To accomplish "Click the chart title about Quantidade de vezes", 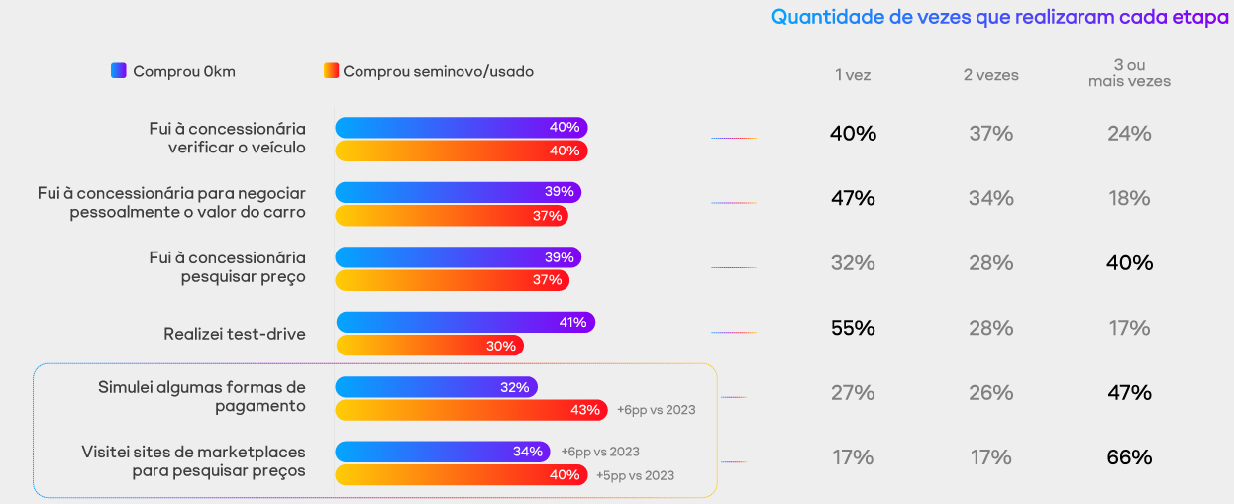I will pyautogui.click(x=999, y=17).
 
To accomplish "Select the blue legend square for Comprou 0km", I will pyautogui.click(x=119, y=70).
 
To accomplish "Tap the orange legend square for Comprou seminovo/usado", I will pyautogui.click(x=331, y=70).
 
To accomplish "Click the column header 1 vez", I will pyautogui.click(x=853, y=75).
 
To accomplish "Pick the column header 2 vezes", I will pyautogui.click(x=990, y=75).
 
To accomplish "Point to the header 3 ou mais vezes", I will pyautogui.click(x=1129, y=73).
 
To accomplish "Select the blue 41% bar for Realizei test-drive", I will pyautogui.click(x=465, y=322).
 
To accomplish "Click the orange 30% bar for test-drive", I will pyautogui.click(x=430, y=346).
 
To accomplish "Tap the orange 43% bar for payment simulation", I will pyautogui.click(x=471, y=410).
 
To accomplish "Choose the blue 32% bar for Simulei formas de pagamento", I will pyautogui.click(x=436, y=387).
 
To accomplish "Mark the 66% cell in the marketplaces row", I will pyautogui.click(x=1129, y=457).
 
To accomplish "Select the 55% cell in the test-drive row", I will pyautogui.click(x=853, y=328).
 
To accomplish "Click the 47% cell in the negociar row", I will pyautogui.click(x=853, y=198).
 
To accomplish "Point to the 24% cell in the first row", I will pyautogui.click(x=1129, y=134).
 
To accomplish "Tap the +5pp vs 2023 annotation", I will pyautogui.click(x=635, y=475).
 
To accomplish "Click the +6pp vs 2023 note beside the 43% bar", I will pyautogui.click(x=656, y=410).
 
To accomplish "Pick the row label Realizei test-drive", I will pyautogui.click(x=235, y=334).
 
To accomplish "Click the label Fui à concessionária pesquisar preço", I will pyautogui.click(x=227, y=267).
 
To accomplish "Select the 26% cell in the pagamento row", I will pyautogui.click(x=990, y=393).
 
